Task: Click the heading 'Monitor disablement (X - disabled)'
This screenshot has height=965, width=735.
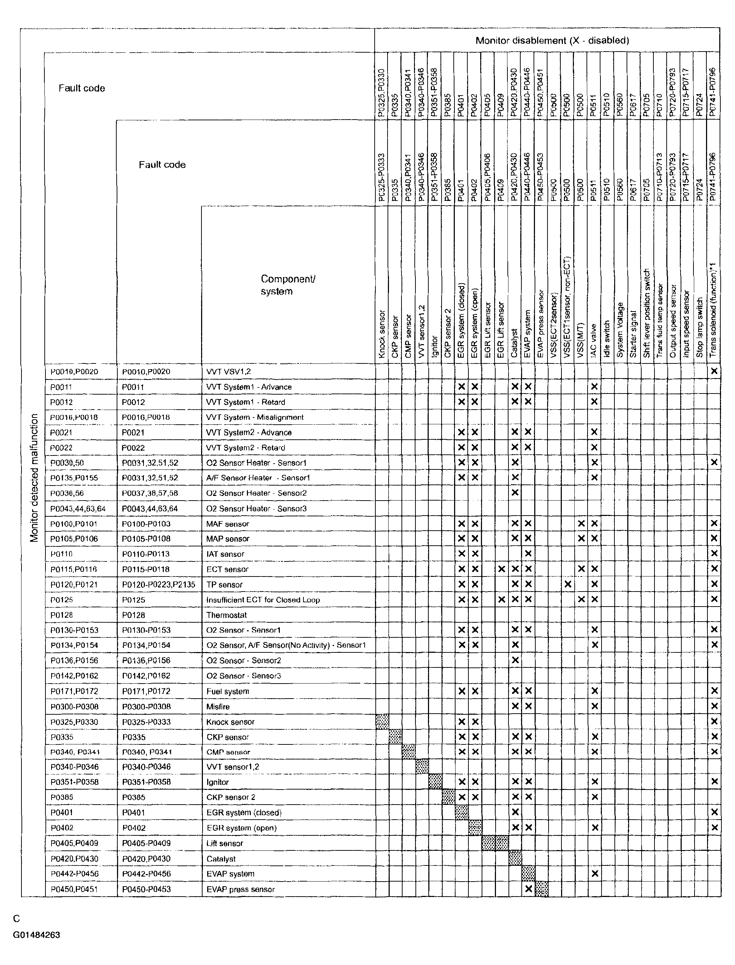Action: point(552,41)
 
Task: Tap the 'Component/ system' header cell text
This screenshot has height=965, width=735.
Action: point(288,285)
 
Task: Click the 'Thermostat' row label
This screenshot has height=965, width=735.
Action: point(227,615)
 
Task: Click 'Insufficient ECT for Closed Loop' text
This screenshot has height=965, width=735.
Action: point(263,600)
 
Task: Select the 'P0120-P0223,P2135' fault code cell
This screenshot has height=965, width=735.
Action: point(159,584)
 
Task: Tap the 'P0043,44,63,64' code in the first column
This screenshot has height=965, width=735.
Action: point(78,509)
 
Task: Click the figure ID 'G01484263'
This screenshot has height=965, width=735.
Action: point(37,935)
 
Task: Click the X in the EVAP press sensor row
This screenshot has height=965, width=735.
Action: point(528,889)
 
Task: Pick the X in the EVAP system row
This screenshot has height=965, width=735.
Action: point(594,873)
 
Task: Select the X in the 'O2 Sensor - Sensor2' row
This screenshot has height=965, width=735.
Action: point(515,660)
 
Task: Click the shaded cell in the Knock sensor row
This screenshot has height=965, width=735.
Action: point(382,722)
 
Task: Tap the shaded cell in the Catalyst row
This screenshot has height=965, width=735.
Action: point(515,858)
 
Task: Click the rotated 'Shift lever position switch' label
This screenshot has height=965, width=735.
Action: point(647,313)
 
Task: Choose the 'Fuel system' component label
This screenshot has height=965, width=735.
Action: point(228,691)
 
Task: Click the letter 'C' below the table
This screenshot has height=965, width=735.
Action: point(16,918)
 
